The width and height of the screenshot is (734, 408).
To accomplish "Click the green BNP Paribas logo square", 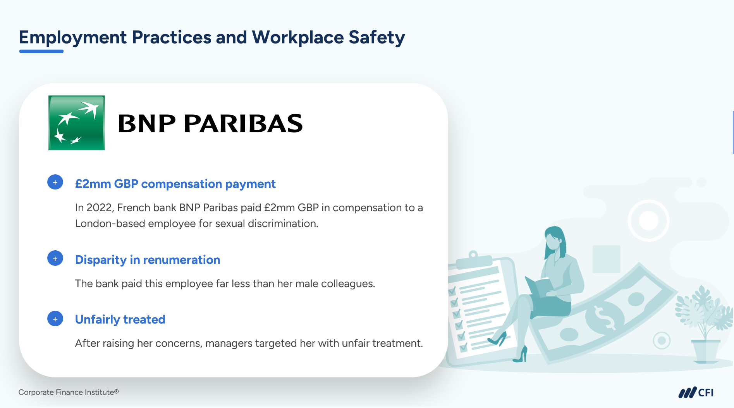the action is tap(76, 123).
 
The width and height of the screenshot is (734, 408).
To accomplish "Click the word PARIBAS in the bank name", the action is tap(243, 124).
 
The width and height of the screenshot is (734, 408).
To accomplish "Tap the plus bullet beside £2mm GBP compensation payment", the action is tap(55, 182).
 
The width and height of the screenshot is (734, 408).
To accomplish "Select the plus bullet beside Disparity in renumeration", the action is tap(55, 258).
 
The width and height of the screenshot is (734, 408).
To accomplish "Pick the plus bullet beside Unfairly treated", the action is tap(55, 318).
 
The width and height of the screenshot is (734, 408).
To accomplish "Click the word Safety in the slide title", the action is tap(376, 38).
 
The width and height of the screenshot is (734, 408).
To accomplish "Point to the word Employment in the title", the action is tap(73, 38).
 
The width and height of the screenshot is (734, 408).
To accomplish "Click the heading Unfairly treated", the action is tap(120, 319).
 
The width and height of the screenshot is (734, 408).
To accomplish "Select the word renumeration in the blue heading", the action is tap(181, 260).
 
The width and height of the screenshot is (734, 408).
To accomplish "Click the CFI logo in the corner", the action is tap(696, 393).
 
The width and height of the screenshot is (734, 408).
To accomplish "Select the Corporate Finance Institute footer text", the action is tap(69, 392).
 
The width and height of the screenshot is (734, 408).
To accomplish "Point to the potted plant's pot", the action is tap(706, 351).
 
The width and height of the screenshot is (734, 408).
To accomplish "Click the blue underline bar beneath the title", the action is tap(41, 51).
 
